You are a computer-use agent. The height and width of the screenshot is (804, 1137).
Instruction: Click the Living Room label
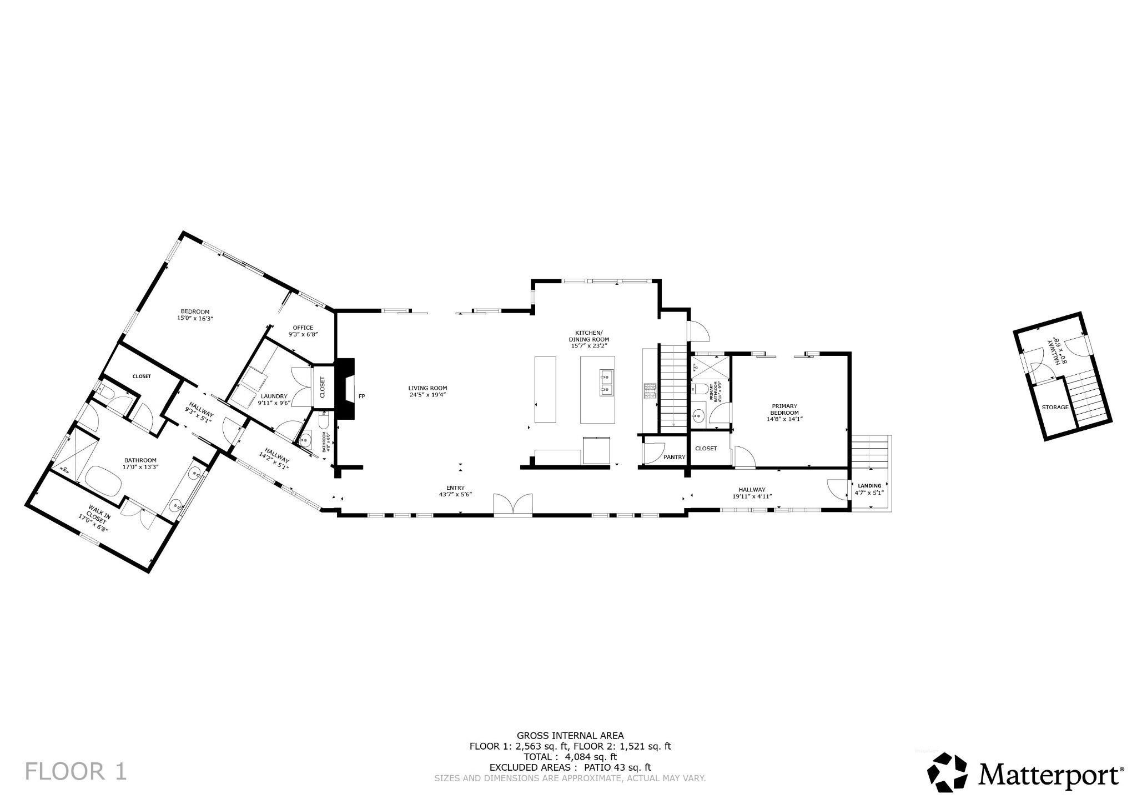pos(427,388)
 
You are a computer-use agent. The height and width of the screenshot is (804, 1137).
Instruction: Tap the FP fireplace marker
pos(361,396)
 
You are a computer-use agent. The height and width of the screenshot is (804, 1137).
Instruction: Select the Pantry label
pos(675,457)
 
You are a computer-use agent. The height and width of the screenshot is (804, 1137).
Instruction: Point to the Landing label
pos(869,485)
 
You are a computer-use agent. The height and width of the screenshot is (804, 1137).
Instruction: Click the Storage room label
pos(1054,407)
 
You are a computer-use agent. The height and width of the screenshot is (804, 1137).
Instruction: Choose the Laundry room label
pos(274,396)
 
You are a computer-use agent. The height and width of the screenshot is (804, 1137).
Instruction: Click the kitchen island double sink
pos(606,384)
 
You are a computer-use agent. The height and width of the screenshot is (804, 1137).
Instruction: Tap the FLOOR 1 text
pos(76,772)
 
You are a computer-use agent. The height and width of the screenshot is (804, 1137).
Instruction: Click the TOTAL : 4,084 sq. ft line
pos(570,756)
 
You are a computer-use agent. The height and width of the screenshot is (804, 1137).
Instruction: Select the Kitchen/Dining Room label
pos(588,339)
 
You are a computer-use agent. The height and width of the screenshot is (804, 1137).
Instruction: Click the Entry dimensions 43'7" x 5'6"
pos(455,494)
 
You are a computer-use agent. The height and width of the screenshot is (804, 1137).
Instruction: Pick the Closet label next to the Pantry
pos(706,448)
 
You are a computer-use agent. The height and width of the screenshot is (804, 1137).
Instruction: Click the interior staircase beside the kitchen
pos(673,389)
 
